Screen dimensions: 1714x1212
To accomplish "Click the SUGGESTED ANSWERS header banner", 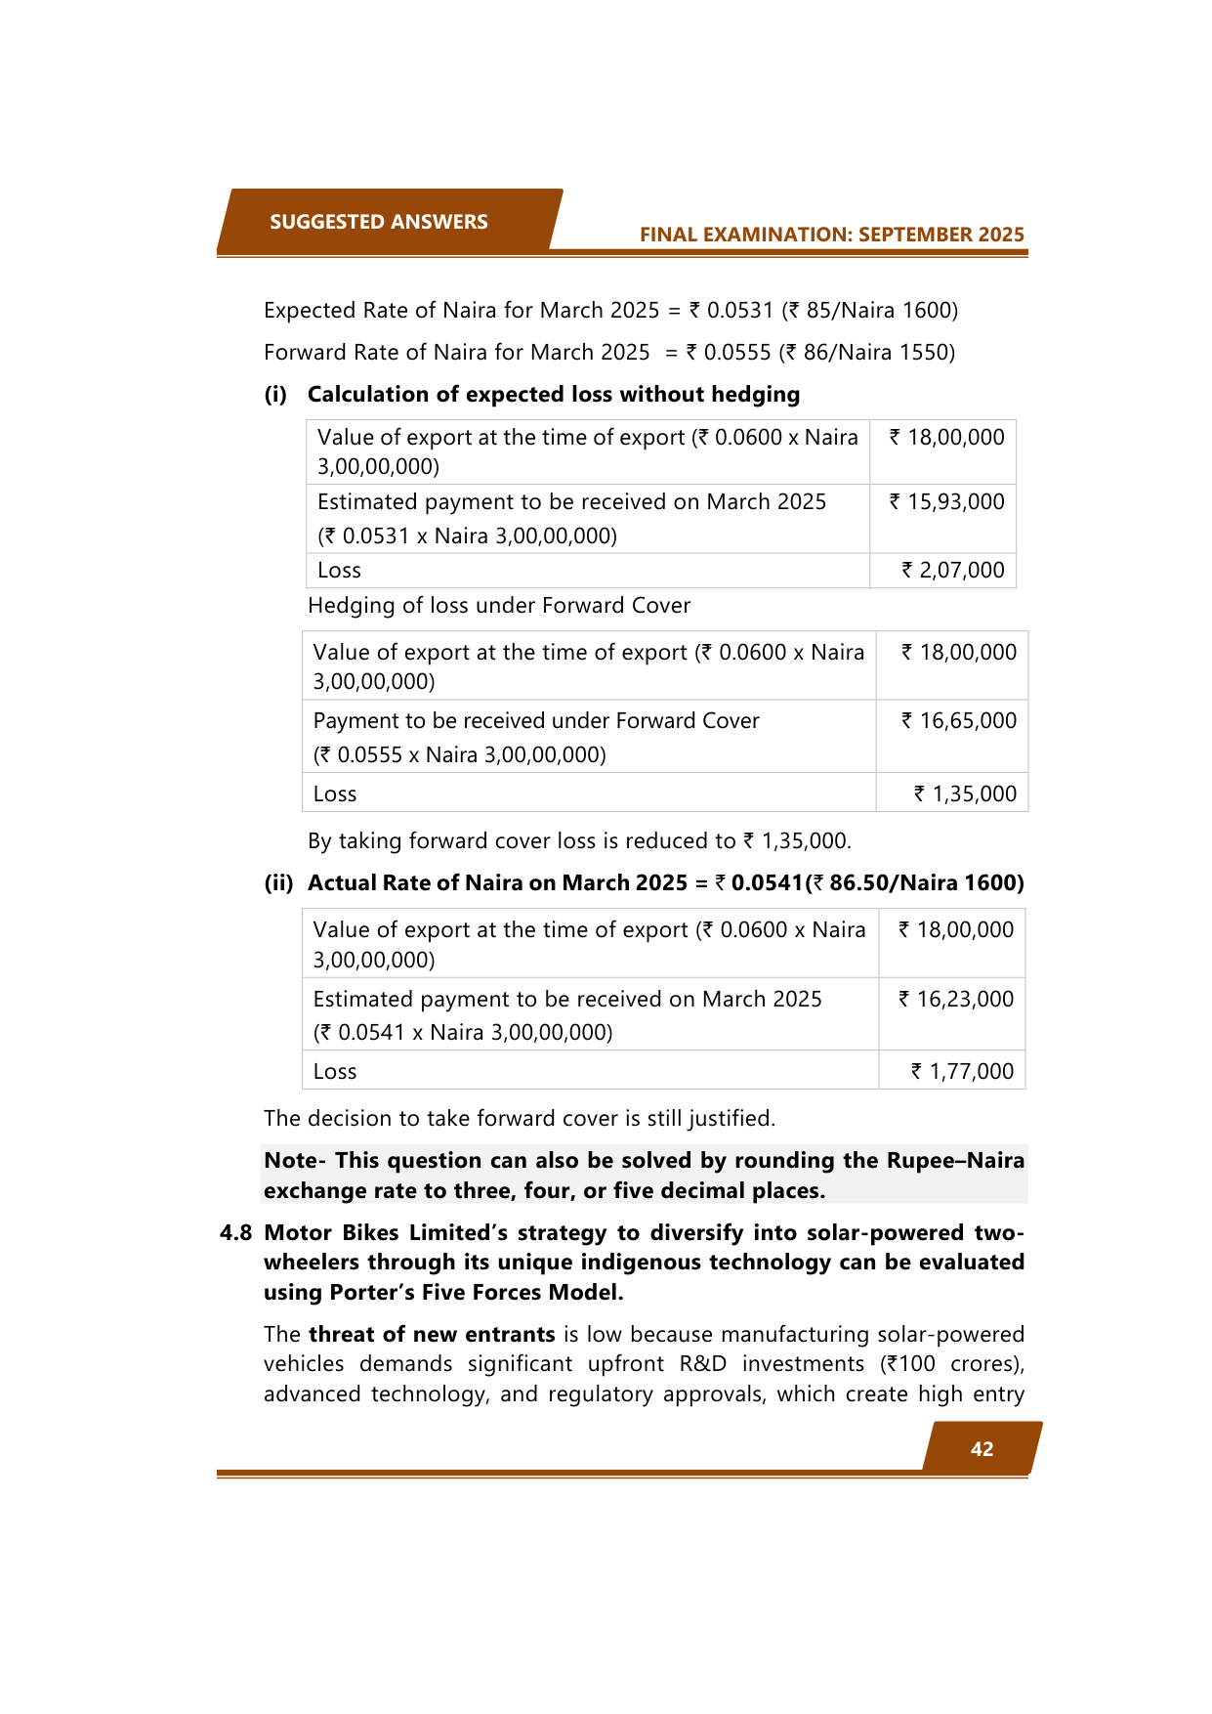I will [379, 222].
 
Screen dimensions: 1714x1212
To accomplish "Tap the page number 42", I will [982, 1449].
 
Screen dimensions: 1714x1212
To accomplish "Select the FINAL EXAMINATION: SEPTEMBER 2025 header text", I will [831, 235].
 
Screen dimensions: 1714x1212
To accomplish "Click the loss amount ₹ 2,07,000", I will [952, 571].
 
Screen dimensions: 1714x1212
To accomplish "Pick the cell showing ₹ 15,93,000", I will [946, 502].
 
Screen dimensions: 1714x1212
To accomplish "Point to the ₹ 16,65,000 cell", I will [958, 721].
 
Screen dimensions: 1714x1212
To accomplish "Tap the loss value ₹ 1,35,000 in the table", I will [965, 794].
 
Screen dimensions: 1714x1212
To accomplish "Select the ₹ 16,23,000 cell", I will [956, 1000].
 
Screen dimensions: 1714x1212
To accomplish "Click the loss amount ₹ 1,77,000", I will [962, 1072].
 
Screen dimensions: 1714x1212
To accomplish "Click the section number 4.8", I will [235, 1233].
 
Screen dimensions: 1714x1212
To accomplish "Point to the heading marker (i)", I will [275, 395].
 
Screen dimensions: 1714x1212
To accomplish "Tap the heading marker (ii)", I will [278, 883].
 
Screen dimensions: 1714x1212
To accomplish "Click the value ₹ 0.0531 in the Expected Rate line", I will [731, 311].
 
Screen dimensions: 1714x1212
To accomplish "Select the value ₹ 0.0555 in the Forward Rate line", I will [729, 353].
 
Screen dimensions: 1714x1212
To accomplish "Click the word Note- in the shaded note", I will [295, 1161].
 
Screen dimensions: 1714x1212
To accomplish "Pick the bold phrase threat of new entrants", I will [432, 1335].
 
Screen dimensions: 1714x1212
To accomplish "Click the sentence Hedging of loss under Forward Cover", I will [499, 606].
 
